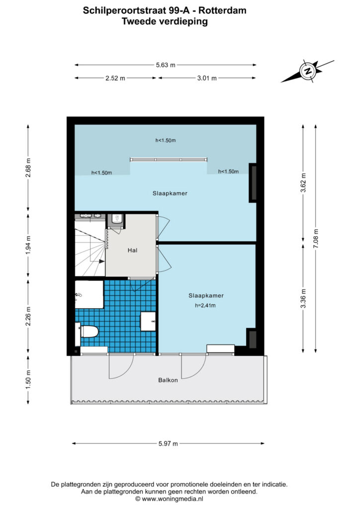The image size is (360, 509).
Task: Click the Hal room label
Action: point(132,251)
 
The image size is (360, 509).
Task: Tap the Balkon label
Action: point(168,380)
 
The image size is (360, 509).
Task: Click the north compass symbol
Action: point(307,71)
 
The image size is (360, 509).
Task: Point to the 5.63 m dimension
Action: point(166,65)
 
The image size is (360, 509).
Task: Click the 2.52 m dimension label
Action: point(115,78)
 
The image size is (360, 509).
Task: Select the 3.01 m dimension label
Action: point(207,78)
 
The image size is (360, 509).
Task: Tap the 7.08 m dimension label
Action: point(316,239)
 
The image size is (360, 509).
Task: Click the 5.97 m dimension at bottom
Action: point(168,443)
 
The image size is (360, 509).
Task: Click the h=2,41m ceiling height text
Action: point(205,306)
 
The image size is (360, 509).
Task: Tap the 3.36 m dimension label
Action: point(303,299)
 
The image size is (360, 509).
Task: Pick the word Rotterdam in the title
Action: point(222,10)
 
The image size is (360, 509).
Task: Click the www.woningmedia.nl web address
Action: point(173,499)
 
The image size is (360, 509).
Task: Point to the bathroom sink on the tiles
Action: point(148,322)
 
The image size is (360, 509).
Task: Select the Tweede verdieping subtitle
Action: point(165,21)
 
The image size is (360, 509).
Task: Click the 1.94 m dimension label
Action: point(28,245)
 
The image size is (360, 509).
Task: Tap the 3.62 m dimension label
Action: point(303,183)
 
